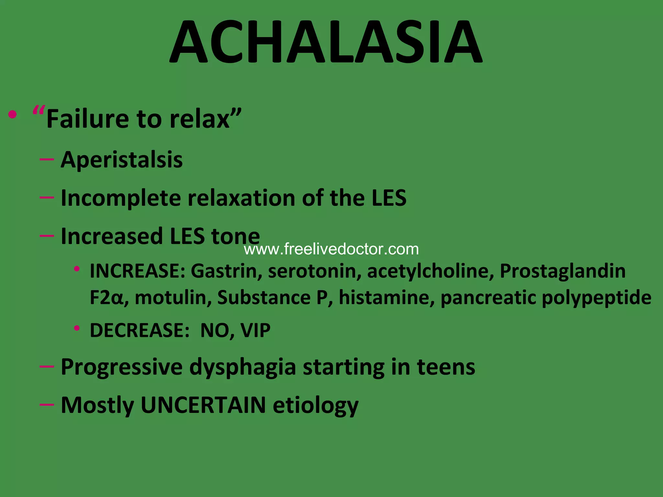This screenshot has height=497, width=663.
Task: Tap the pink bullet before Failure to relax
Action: pos(13,115)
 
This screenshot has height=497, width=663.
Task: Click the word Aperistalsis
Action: pos(122,160)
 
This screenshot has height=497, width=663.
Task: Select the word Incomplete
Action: pos(120,198)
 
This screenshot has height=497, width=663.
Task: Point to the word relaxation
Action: pos(242,198)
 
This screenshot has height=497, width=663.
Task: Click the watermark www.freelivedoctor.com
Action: pos(331,249)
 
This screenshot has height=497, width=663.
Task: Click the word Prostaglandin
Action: pos(563,271)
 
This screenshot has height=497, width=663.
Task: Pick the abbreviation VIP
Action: pos(255,330)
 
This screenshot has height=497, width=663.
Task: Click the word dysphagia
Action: pos(242,367)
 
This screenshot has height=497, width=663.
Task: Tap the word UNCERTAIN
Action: pos(203,405)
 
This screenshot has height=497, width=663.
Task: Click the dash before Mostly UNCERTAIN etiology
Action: pos(47,404)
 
